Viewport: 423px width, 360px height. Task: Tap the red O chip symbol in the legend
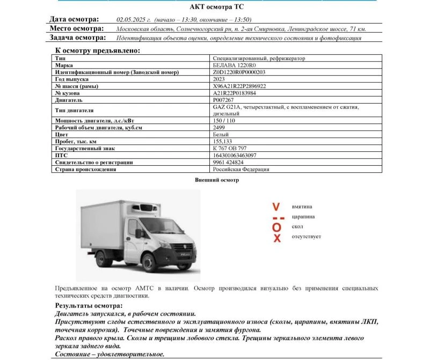(276, 227)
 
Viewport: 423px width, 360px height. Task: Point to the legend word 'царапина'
(303, 217)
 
